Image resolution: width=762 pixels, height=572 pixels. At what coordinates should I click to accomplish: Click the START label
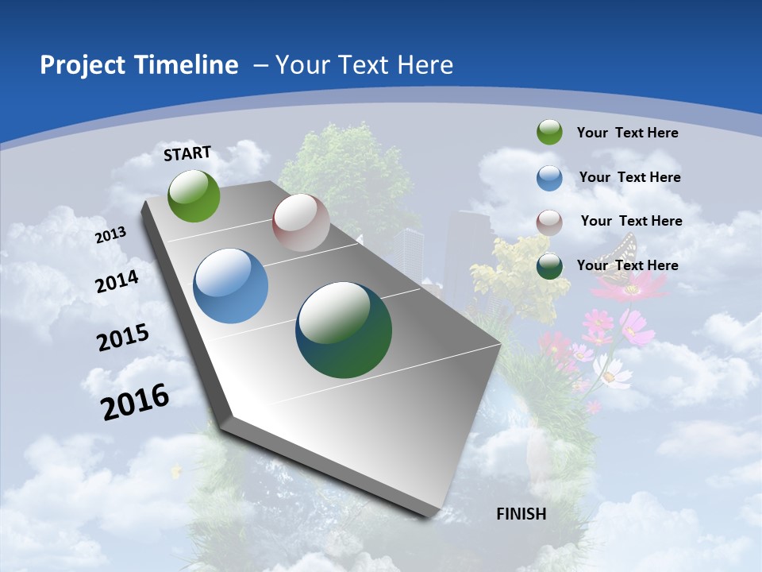click(x=187, y=153)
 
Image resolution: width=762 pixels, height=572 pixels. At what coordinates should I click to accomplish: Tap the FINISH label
click(x=521, y=514)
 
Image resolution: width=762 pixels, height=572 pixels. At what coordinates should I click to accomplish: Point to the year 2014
click(x=117, y=282)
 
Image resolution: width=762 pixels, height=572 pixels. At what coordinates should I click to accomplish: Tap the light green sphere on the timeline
click(x=194, y=195)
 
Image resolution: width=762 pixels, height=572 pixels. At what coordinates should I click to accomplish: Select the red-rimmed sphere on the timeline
click(x=301, y=222)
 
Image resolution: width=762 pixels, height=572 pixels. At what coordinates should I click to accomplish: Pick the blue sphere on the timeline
click(x=230, y=286)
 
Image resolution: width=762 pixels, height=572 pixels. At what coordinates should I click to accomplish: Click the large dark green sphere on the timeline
click(x=344, y=330)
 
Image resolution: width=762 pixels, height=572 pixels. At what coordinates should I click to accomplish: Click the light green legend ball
click(x=549, y=133)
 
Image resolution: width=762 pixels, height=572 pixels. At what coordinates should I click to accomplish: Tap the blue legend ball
click(x=549, y=178)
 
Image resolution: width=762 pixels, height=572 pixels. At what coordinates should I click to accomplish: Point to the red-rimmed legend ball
click(x=549, y=222)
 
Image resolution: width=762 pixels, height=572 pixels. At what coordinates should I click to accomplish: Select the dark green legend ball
click(x=549, y=266)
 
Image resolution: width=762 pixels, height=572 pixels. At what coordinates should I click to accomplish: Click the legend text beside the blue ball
click(x=629, y=177)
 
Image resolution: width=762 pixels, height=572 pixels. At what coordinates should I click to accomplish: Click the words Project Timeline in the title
click(x=139, y=65)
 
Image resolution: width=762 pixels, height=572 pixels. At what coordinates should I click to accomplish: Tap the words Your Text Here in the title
click(x=364, y=65)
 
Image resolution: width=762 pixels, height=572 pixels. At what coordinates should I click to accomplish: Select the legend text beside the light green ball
click(x=627, y=133)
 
